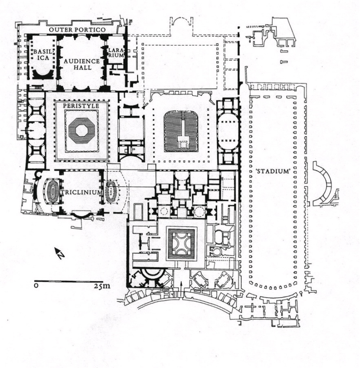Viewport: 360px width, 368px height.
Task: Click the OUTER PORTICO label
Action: click(77, 29)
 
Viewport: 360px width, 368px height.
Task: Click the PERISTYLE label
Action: click(81, 106)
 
